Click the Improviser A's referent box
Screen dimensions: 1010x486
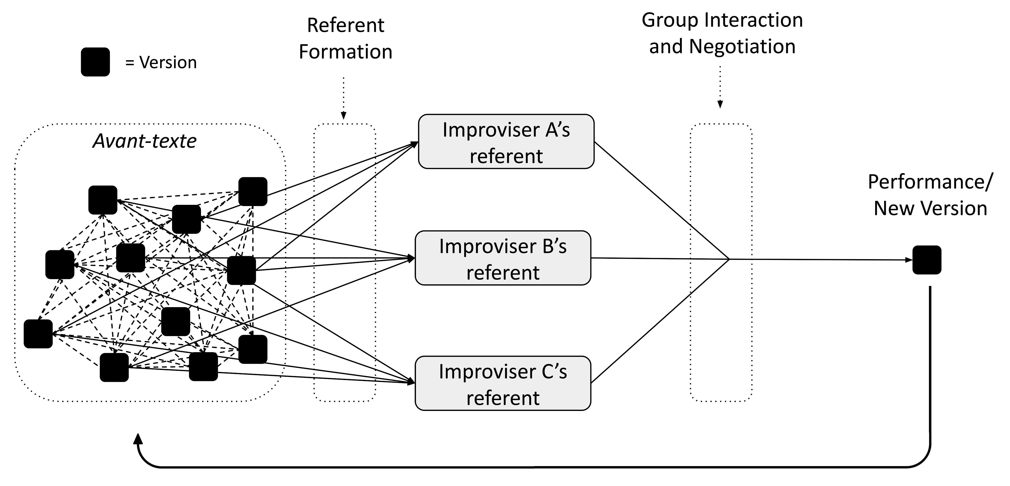click(506, 141)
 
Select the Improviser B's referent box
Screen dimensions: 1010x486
click(503, 258)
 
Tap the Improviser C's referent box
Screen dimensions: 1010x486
click(503, 383)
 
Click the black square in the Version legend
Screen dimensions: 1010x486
click(95, 62)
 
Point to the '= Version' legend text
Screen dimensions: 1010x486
click(161, 62)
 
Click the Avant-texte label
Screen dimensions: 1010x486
click(145, 141)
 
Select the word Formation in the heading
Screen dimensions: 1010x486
click(345, 52)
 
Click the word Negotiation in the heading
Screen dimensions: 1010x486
click(742, 47)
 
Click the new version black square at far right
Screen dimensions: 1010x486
click(927, 260)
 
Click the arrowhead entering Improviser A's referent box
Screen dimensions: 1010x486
click(415, 144)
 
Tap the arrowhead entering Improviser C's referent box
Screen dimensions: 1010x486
click(411, 382)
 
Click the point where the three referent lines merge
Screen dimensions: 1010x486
click(729, 259)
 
